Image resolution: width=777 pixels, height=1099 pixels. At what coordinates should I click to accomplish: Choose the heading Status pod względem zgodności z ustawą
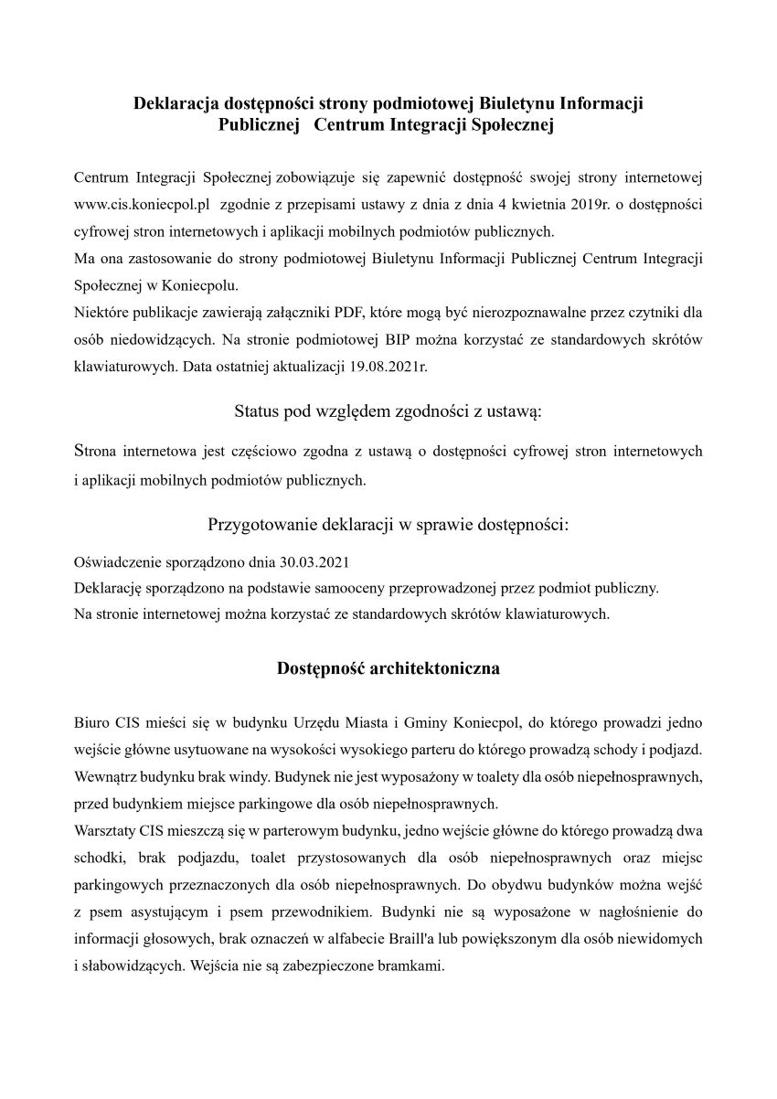click(x=388, y=411)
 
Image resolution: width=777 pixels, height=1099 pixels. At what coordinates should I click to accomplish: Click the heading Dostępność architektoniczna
click(x=388, y=668)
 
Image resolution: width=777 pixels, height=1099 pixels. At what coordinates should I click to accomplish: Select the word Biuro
click(x=91, y=721)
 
